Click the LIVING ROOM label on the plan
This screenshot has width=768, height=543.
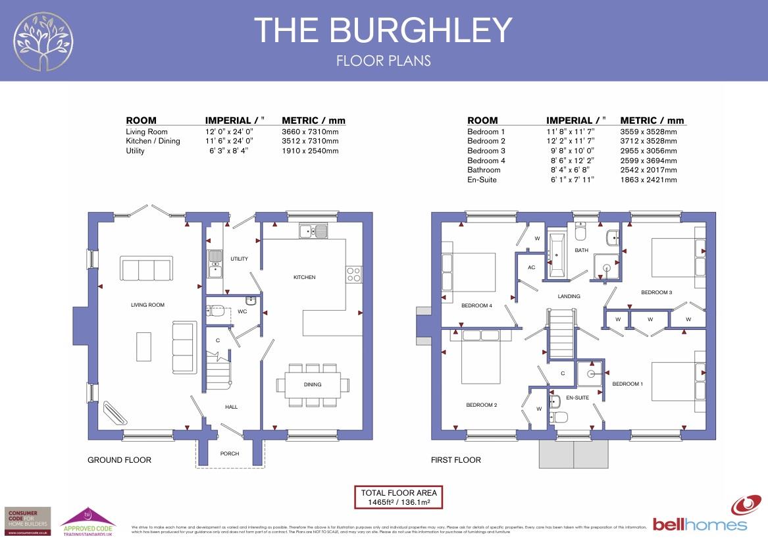coord(147,305)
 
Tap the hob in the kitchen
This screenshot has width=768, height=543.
coord(353,274)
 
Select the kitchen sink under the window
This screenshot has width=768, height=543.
coord(313,231)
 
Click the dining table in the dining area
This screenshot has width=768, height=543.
coord(313,384)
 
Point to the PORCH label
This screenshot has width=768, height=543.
coord(230,453)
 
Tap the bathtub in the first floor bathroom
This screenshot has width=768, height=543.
coord(557,254)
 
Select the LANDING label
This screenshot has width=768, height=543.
coord(569,296)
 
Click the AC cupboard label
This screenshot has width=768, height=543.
coord(532,267)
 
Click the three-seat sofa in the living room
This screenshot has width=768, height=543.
coord(147,269)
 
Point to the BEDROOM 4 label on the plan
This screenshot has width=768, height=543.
coord(476,305)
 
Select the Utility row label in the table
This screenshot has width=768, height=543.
coord(135,151)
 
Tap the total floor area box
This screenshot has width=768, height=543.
coord(398,497)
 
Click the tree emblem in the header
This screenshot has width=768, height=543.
coord(45,41)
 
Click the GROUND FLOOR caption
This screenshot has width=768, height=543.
coord(119,460)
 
